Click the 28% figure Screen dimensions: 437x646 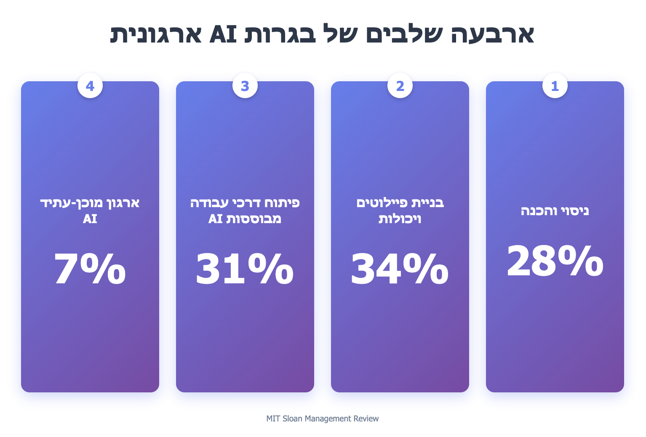coord(555,261)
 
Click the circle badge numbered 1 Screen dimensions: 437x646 coord(555,86)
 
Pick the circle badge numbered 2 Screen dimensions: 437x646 coord(400,86)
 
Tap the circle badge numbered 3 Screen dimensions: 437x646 coord(245,86)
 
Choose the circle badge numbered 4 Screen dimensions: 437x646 coord(90,86)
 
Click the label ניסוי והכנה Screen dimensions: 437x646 coord(555,211)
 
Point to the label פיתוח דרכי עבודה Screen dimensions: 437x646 coord(245,203)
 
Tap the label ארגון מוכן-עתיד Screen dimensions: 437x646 coord(90,203)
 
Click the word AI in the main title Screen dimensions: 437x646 coord(223,34)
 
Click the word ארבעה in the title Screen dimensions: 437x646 coord(493,34)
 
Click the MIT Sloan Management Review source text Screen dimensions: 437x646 coord(323,418)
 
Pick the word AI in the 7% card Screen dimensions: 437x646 coord(90,219)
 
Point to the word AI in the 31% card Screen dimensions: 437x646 coord(215,219)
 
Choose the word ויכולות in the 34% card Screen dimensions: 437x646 coord(400,219)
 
